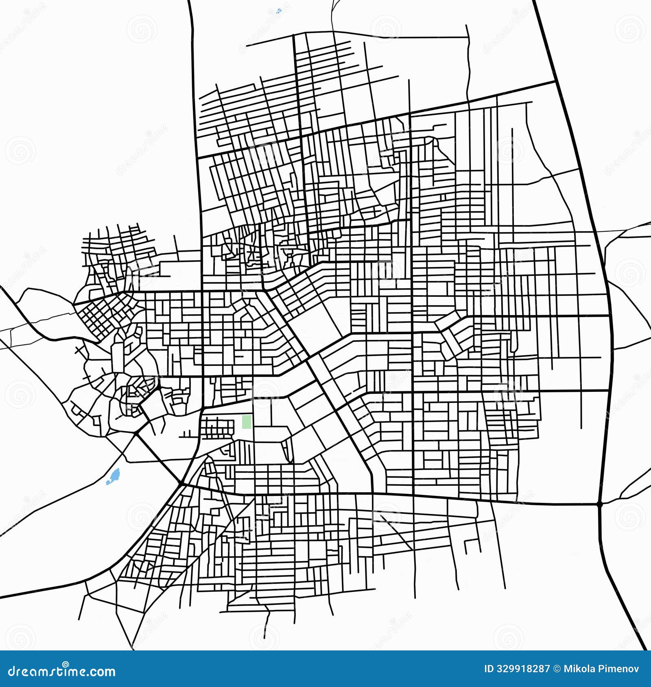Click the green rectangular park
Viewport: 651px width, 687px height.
[246, 421]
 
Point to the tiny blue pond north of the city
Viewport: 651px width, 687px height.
[279, 11]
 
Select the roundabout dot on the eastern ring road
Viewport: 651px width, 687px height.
[599, 504]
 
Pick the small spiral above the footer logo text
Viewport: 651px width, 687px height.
[65, 663]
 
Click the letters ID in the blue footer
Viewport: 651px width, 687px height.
[489, 669]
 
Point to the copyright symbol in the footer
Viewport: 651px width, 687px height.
[557, 669]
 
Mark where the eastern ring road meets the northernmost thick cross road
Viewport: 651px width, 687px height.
[556, 81]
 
